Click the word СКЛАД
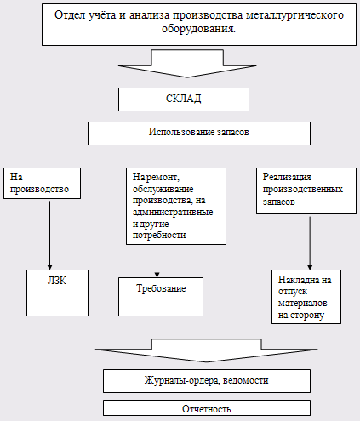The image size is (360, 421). (184, 99)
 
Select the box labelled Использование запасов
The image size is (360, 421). (199, 134)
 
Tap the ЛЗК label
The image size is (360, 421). (57, 281)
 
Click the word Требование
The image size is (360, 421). (161, 288)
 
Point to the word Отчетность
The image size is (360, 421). (207, 409)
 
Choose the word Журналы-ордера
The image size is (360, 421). (182, 380)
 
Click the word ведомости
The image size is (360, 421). (245, 380)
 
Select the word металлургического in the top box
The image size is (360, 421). (294, 15)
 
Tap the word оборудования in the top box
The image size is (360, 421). (198, 29)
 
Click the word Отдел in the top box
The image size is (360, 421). (70, 14)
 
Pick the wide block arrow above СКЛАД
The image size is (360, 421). (187, 64)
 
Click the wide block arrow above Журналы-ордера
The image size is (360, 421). (207, 350)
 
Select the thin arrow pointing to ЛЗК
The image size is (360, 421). (49, 236)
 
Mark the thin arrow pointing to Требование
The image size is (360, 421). (157, 262)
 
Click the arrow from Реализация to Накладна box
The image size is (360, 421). (310, 243)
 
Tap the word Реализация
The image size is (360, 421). (287, 177)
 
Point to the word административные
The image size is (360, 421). (173, 212)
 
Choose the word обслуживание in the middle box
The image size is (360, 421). (163, 189)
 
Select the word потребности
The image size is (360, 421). (159, 235)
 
